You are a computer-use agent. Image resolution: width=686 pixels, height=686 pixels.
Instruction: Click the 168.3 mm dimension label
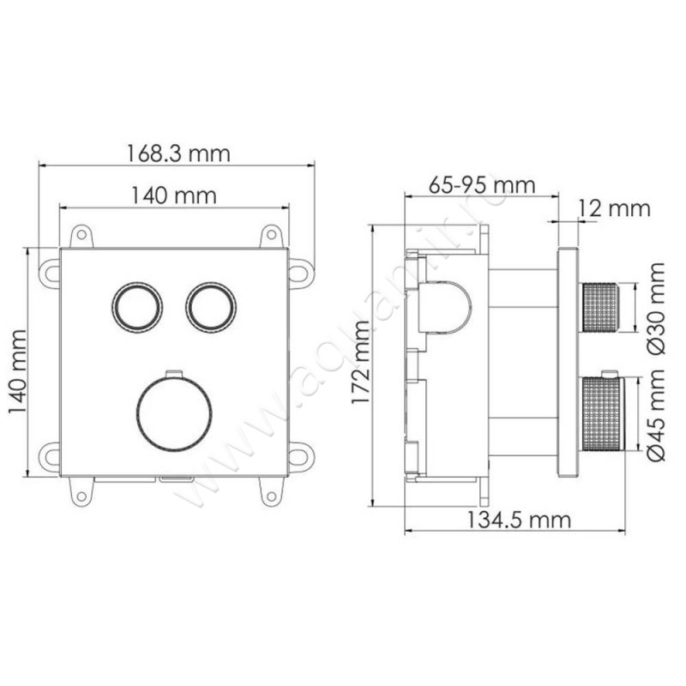[x=178, y=153]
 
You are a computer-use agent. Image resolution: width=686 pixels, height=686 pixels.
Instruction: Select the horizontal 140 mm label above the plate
[x=173, y=196]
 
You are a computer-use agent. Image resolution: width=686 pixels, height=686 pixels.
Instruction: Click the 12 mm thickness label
[x=614, y=208]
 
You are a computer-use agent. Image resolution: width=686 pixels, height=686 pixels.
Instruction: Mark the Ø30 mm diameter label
[x=656, y=307]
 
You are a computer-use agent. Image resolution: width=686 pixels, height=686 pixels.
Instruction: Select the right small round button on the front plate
[x=208, y=306]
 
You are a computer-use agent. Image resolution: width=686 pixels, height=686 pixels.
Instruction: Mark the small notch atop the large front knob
[x=173, y=373]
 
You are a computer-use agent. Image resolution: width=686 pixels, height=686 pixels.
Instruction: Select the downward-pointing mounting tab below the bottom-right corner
[x=272, y=490]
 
